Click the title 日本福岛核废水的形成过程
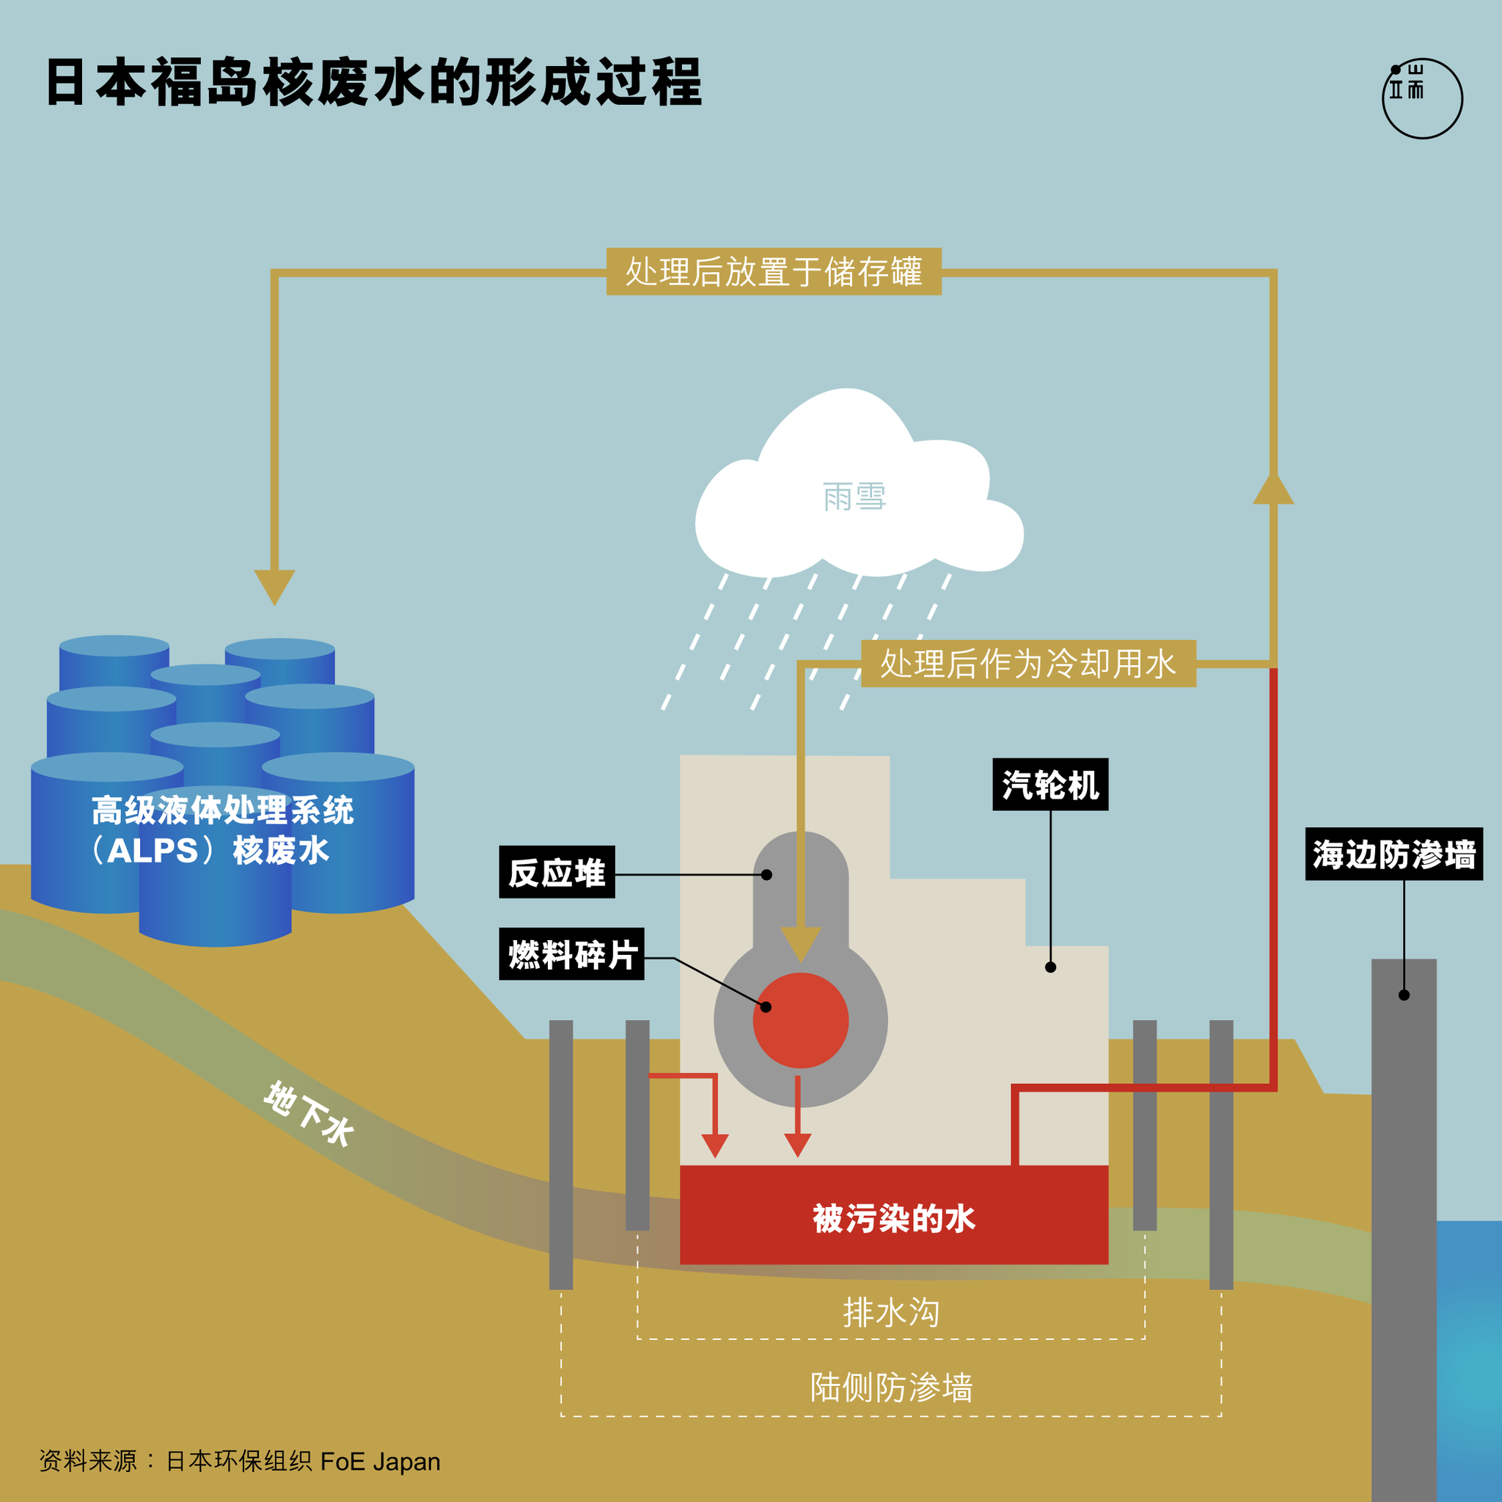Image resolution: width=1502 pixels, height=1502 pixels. [373, 82]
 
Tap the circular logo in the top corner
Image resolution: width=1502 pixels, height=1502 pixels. [1422, 99]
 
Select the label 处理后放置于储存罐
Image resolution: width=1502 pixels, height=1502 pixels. [774, 272]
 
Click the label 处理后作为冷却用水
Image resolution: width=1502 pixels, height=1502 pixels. [1027, 664]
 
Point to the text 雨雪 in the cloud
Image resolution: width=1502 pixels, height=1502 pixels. [854, 496]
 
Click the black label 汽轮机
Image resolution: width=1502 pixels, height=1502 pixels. [1050, 785]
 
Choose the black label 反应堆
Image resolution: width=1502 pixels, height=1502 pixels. [557, 872]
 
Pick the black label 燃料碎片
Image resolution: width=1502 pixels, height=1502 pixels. [571, 954]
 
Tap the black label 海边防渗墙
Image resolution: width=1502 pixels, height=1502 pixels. [1394, 854]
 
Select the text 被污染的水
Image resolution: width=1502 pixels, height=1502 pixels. [894, 1218]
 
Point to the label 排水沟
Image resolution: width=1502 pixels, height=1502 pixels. [891, 1312]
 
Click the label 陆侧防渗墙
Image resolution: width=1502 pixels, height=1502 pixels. [891, 1388]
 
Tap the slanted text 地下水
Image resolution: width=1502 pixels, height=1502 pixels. [309, 1113]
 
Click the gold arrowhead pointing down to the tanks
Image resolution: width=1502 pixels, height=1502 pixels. [274, 585]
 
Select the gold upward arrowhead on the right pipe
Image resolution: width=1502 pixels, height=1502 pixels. [1273, 490]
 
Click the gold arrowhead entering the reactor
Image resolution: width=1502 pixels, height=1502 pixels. [801, 942]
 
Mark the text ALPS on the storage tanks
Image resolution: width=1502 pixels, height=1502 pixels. [153, 851]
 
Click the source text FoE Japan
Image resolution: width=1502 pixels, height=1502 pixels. [380, 1462]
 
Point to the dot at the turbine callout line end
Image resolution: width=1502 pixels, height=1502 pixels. [1050, 967]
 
